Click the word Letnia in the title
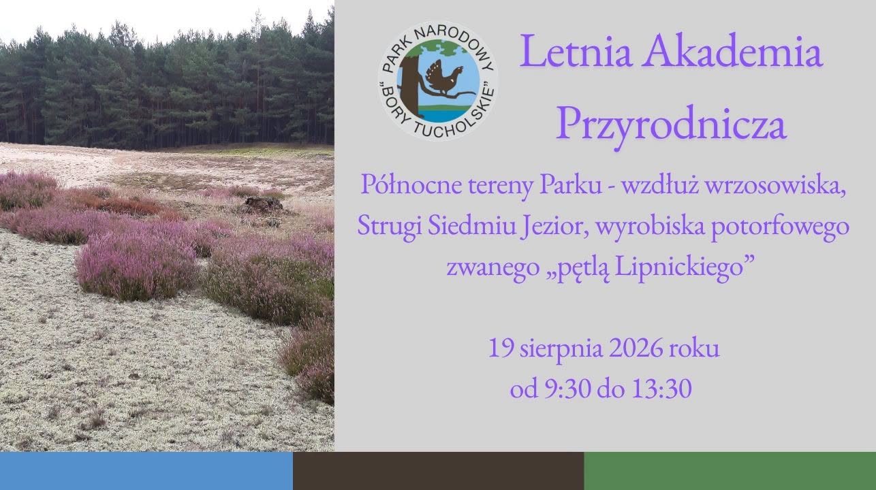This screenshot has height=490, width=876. click(576, 51)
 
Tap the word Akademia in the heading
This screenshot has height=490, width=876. click(733, 51)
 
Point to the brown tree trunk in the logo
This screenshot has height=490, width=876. click(410, 86)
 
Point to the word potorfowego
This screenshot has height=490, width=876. click(780, 227)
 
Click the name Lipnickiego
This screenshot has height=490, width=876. click(678, 268)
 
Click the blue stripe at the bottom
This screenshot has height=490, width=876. click(146, 471)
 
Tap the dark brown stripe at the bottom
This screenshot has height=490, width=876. click(439, 471)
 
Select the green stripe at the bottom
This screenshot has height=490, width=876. click(730, 471)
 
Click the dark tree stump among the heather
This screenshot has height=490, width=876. click(264, 203)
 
